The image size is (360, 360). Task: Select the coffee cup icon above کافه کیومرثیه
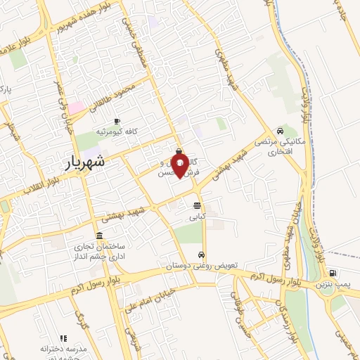pyautogui.click(x=116, y=121)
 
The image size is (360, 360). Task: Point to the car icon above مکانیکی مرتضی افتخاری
pyautogui.click(x=281, y=130)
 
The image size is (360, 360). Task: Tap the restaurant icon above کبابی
pyautogui.click(x=196, y=206)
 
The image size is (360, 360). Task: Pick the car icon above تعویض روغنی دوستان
pyautogui.click(x=202, y=255)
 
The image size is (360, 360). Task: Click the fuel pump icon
pyautogui.click(x=332, y=274)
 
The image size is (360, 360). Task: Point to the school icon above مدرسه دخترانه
pyautogui.click(x=63, y=338)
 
